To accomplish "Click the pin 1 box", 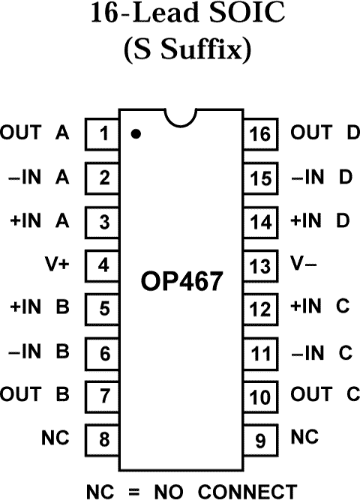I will point(104,135).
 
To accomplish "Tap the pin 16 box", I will point(260,135).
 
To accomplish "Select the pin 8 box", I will point(104,437).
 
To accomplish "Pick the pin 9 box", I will point(260,437).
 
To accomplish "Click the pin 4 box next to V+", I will point(104,265).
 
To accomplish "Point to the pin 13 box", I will point(260,265).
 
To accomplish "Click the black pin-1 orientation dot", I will point(136,135).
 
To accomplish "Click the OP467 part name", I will point(182,282).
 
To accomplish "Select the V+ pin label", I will point(58,265).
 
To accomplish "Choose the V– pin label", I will point(302,265).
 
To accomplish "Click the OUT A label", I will point(34,134).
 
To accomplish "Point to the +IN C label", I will point(321,307).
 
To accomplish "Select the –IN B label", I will point(39,351).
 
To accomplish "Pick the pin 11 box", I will point(260,351).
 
